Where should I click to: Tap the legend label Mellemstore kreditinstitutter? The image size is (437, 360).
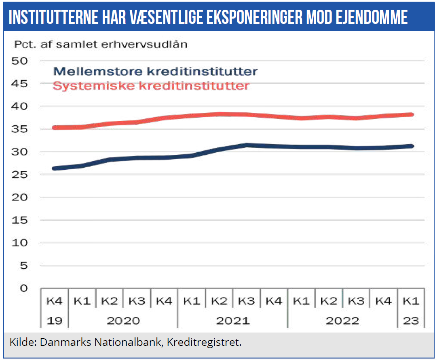click(x=156, y=72)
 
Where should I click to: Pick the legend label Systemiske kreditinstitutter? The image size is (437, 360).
click(x=151, y=86)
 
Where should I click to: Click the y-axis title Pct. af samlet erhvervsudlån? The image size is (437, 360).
click(x=101, y=44)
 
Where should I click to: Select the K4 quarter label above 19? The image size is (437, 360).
click(x=55, y=301)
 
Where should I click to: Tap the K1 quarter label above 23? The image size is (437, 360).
click(x=411, y=301)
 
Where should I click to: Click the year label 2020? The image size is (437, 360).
click(x=123, y=321)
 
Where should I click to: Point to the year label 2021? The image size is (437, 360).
click(x=232, y=321)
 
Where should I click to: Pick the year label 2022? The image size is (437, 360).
click(x=342, y=321)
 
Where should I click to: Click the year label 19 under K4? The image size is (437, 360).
click(x=54, y=321)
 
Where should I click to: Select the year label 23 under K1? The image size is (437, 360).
click(x=411, y=321)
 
